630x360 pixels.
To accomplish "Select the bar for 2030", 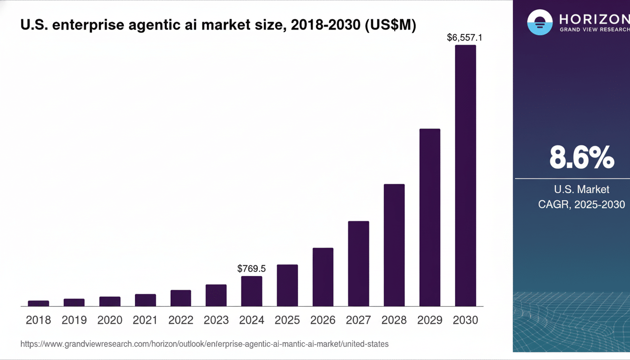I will pos(465,176).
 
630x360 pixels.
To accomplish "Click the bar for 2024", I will pos(252,291).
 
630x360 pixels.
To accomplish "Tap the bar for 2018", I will pos(38,303).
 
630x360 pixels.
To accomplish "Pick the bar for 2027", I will pos(359,263).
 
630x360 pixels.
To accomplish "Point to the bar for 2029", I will pos(430,217).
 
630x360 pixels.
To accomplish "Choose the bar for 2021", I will pos(145,300).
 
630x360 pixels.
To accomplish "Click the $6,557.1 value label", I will pos(465,37).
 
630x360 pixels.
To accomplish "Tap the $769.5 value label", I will pos(252,269).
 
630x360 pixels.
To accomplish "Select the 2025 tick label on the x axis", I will pos(287,320).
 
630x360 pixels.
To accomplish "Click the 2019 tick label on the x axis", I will pos(74,320).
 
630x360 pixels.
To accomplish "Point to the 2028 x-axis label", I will pos(394,320).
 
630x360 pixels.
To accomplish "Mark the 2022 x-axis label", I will pos(181,320).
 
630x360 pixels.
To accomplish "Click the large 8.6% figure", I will pos(581,157).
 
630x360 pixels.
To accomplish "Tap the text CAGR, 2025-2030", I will pos(581,204).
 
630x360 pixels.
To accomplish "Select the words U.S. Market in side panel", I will pos(581,189).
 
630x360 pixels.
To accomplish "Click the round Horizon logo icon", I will pos(540,22).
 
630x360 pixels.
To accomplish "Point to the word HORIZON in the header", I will pos(594,19).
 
